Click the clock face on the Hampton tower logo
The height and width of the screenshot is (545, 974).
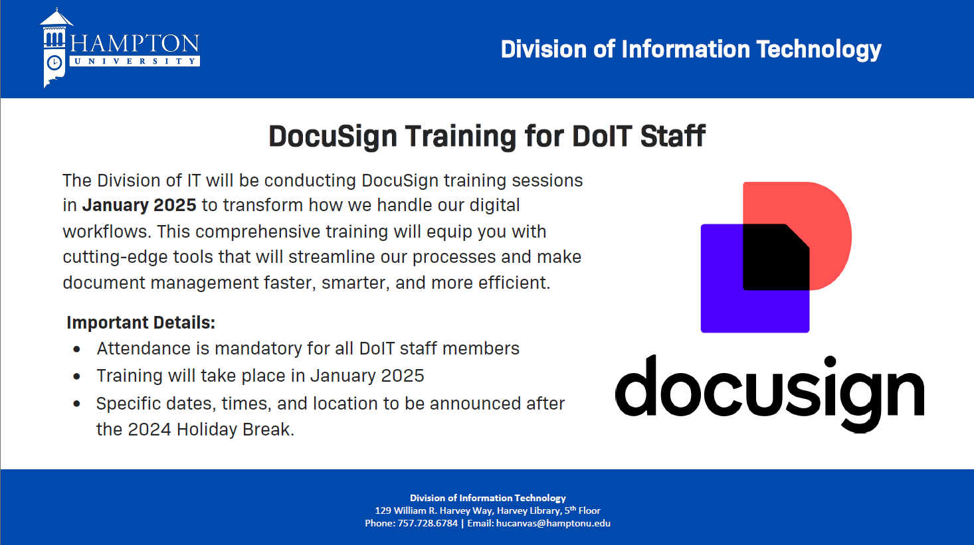click(x=54, y=63)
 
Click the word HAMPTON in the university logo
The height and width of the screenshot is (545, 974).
click(x=135, y=43)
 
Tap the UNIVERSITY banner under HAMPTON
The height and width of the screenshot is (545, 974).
click(x=135, y=61)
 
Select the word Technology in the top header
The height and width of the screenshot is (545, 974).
click(x=819, y=50)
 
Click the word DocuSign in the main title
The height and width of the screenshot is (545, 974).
click(x=333, y=137)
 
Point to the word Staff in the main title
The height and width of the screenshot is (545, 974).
click(x=672, y=136)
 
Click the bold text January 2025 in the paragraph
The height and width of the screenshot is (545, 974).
click(x=139, y=205)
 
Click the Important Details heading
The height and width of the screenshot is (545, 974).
click(x=141, y=323)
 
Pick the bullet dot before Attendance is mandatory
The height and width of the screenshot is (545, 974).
click(x=77, y=349)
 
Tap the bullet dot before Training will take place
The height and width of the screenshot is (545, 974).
click(x=77, y=376)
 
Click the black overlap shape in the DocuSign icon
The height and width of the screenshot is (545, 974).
click(x=776, y=257)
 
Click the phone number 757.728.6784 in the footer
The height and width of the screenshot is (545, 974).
click(x=427, y=523)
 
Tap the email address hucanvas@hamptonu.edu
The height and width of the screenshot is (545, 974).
click(x=553, y=523)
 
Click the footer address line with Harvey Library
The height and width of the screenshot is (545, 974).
click(x=488, y=510)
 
